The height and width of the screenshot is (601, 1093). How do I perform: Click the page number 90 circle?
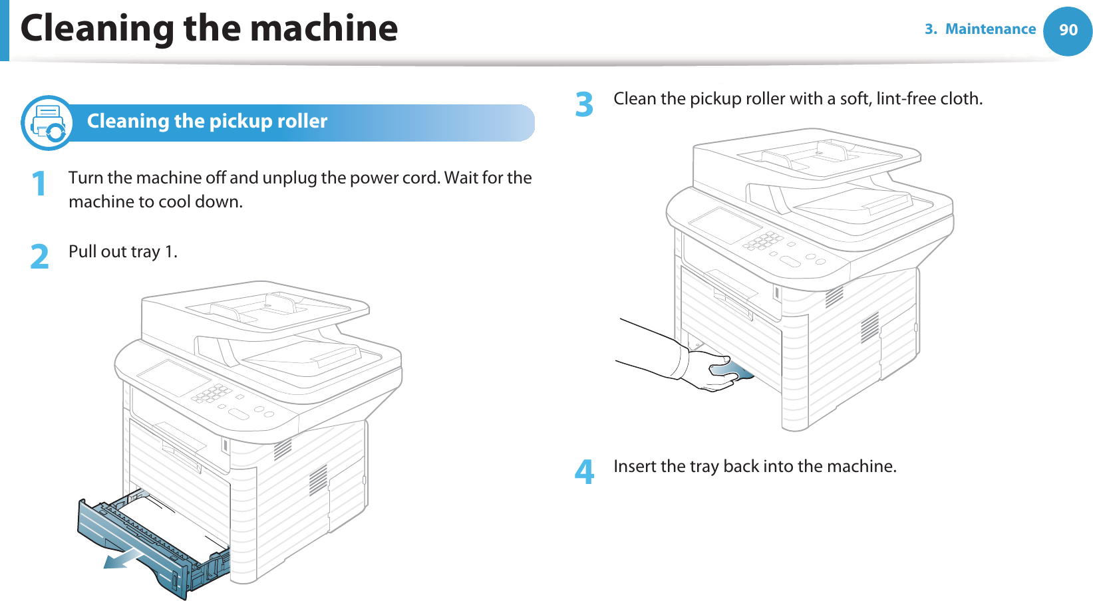(1068, 31)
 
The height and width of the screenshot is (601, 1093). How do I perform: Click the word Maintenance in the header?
(990, 29)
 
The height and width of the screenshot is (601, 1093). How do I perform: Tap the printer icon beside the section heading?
(47, 123)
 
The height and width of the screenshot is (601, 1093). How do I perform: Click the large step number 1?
(40, 183)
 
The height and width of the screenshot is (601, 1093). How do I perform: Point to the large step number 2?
(40, 257)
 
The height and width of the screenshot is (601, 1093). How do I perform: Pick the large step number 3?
(584, 105)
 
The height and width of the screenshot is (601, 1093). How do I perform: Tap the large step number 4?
(584, 472)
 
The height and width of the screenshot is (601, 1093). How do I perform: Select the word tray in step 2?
(145, 251)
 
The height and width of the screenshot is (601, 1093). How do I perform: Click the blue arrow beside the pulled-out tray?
(124, 559)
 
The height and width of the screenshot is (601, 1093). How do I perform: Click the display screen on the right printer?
(726, 224)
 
